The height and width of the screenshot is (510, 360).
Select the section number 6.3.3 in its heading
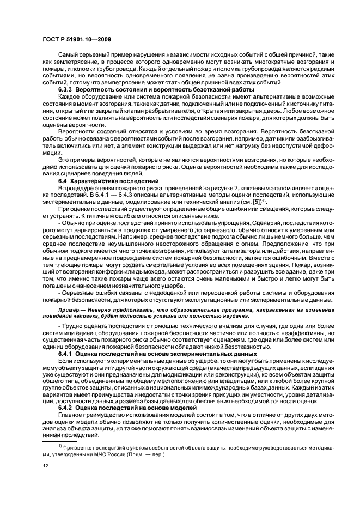(66, 88)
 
